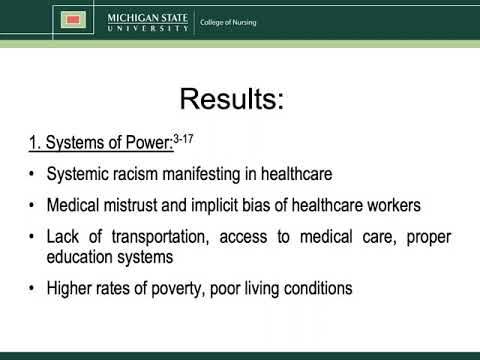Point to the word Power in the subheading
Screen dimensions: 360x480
[x=144, y=146]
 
